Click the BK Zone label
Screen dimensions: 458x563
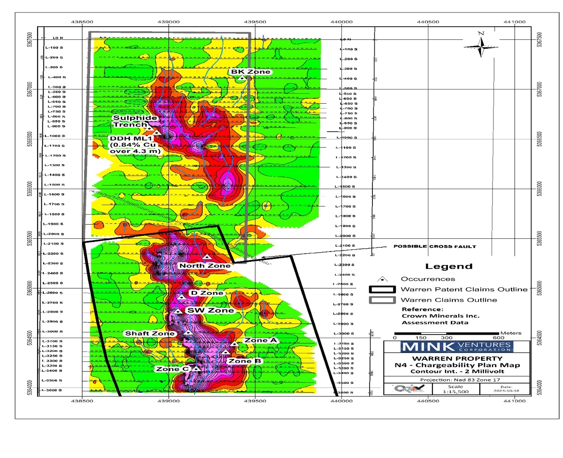point(250,71)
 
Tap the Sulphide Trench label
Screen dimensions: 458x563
point(130,121)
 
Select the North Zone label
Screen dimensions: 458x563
point(204,266)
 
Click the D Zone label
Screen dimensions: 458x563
point(206,293)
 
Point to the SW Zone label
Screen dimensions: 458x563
point(210,311)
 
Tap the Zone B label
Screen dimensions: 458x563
point(244,361)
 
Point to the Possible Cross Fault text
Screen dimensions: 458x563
point(434,246)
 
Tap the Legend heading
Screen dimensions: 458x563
point(448,266)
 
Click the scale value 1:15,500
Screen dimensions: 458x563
point(455,390)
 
